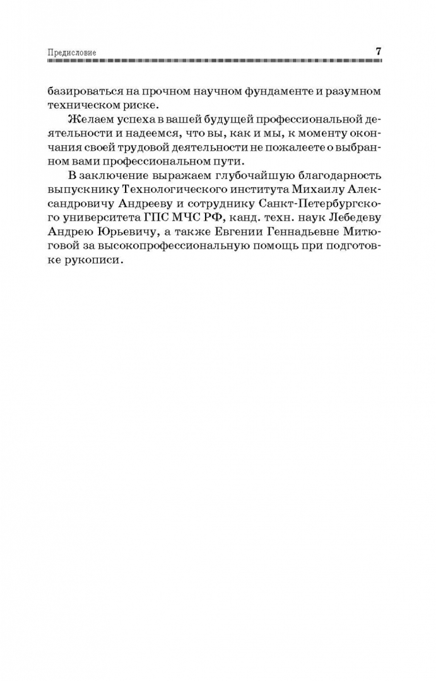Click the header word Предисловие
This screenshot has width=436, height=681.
(73, 52)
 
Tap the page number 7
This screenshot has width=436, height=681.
(378, 52)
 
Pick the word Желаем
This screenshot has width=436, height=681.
(93, 119)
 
